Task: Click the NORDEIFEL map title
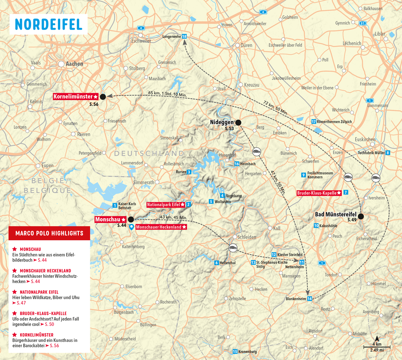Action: point(48,24)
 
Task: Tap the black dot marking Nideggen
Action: point(238,122)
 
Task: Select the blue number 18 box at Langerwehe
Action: point(184,37)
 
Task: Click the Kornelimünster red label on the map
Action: point(75,96)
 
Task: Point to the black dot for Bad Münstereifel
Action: point(361,216)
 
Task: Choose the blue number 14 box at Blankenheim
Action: point(309,299)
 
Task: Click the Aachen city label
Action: point(74,64)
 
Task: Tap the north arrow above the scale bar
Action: point(377,338)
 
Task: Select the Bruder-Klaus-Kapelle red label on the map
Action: point(319,193)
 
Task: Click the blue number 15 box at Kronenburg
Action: point(235,351)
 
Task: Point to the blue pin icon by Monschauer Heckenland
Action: point(132,227)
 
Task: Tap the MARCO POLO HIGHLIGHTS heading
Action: point(49,233)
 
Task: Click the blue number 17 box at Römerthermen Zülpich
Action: point(314,122)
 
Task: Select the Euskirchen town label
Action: point(365,139)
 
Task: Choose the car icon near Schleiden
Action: point(233,248)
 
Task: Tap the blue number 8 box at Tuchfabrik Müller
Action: point(388,153)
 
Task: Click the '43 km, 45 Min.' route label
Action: point(173,217)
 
